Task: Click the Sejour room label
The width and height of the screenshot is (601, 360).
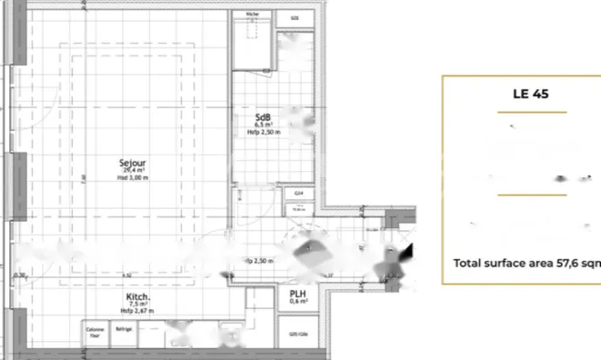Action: point(133,163)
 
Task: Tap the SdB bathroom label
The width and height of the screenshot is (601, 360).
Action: point(264,116)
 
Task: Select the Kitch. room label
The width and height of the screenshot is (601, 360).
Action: point(138,297)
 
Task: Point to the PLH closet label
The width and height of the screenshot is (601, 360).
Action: point(297,294)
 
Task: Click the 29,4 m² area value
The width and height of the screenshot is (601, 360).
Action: point(133,170)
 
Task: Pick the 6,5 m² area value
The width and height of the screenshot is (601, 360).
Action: point(264,125)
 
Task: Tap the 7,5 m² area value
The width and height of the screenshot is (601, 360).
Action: point(138,305)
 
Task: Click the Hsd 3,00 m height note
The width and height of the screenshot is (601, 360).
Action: point(133,177)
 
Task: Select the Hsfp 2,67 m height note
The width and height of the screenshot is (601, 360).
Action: point(138,311)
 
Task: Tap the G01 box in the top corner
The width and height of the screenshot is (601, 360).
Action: point(295,15)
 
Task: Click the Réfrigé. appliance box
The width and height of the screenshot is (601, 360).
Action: point(123,329)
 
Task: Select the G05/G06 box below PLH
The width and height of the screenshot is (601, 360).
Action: point(297,334)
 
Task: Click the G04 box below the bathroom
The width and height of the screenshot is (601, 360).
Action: point(298,193)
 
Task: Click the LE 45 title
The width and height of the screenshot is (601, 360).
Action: point(532,94)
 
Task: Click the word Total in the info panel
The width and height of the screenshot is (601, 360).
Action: point(470,264)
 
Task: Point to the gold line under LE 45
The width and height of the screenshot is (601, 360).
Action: point(532,112)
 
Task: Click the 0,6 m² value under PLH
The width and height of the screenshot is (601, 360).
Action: point(297,303)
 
